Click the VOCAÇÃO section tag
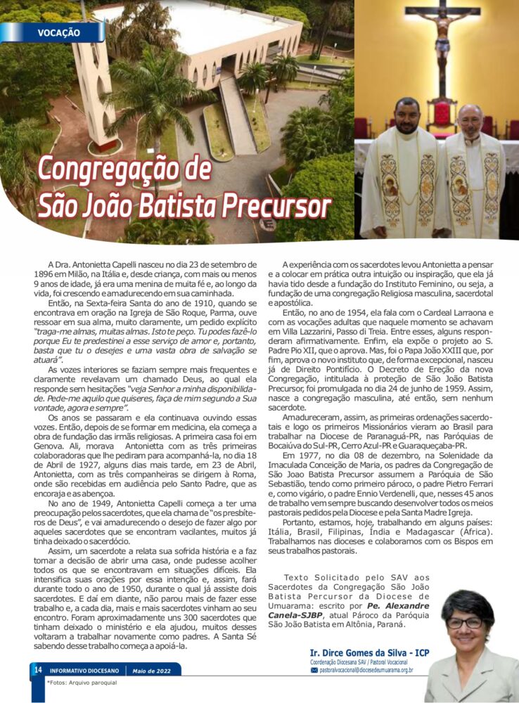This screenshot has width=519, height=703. click(58, 33)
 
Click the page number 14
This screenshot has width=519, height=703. click(37, 670)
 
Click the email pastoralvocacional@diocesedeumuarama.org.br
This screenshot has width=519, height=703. click(366, 671)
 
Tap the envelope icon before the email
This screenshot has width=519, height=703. click(314, 671)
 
